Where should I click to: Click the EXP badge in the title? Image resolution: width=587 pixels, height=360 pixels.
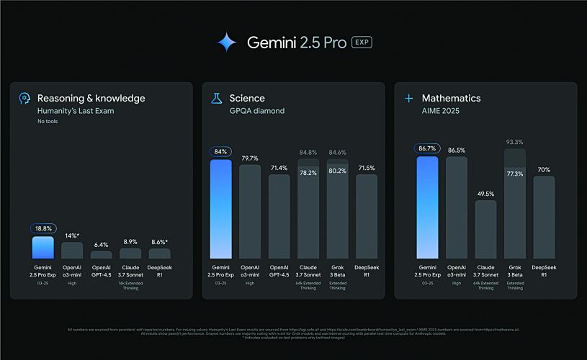coord(362,42)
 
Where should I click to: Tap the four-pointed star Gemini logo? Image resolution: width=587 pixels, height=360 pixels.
coord(226,42)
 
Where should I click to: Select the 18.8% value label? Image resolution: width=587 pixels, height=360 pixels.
coord(42,228)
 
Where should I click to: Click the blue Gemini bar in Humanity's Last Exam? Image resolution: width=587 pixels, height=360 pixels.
coord(42,248)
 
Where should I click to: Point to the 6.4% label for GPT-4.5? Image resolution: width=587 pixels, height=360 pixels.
coord(101,245)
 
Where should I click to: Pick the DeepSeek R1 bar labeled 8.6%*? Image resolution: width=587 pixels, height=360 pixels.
coord(159,253)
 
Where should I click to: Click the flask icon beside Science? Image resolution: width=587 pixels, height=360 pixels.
coord(215,99)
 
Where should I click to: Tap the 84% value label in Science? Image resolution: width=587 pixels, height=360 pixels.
coord(220,152)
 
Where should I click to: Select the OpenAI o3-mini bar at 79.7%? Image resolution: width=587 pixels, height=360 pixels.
coord(250,212)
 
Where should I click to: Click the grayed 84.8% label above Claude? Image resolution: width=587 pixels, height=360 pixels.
coord(308,152)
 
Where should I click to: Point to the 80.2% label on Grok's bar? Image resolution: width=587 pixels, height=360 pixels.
coord(337,171)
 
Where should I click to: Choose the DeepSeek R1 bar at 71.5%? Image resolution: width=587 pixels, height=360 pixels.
coord(366,216)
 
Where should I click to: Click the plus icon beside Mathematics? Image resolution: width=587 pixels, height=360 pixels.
coord(408,98)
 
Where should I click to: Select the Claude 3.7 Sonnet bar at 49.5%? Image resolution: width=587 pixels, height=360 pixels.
coord(485,230)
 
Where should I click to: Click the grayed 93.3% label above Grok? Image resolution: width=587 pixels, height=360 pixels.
coord(514,142)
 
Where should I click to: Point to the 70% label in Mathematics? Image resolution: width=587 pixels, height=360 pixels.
coord(544,170)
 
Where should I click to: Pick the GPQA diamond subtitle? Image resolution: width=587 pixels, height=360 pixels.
coord(257,111)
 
